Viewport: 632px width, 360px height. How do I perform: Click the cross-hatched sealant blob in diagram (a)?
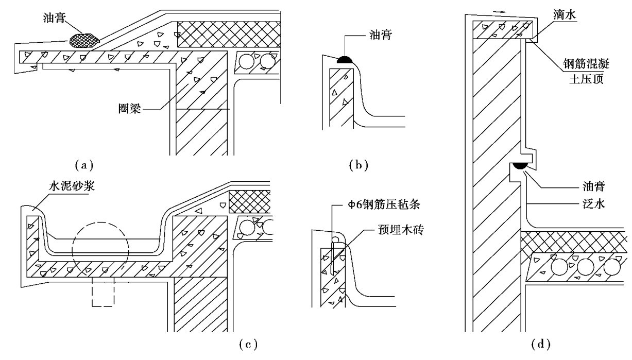[x=84, y=39]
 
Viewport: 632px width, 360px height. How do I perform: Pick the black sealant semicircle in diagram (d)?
[x=517, y=166]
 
